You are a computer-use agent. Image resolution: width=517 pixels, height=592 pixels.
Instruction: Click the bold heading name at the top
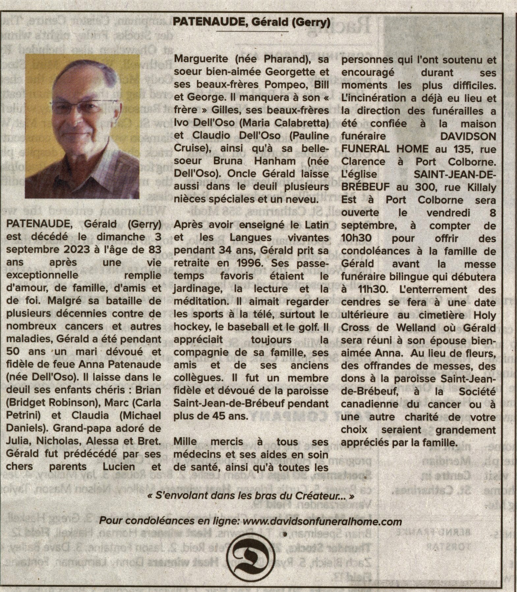coord(251,22)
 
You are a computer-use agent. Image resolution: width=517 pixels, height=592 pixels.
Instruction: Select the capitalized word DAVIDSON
coord(468,136)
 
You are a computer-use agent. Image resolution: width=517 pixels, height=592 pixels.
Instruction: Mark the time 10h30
coord(357,238)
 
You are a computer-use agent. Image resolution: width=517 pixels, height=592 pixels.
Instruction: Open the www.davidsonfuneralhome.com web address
coord(322,522)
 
